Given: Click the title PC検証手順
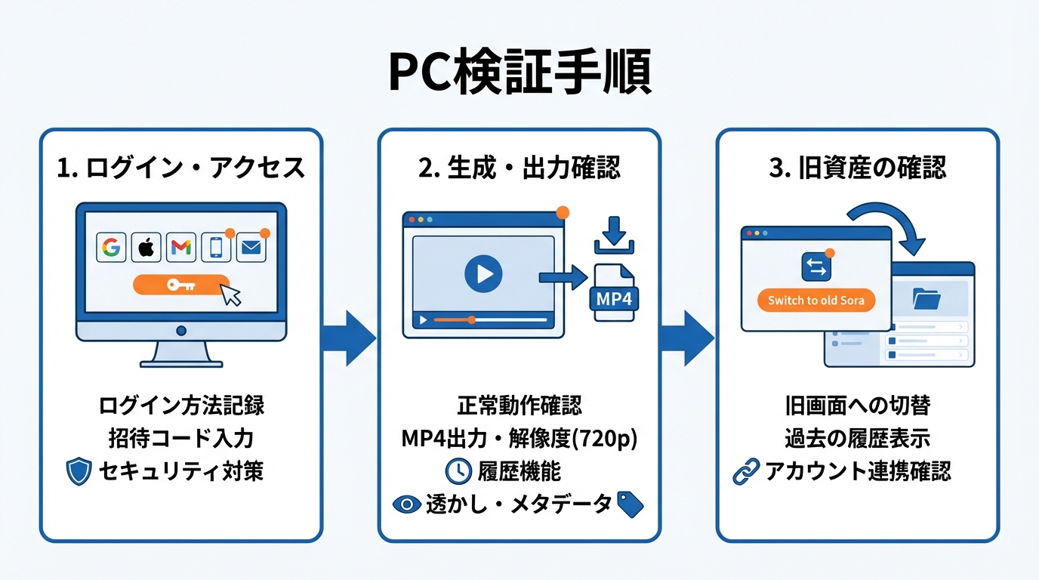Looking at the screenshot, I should tap(519, 73).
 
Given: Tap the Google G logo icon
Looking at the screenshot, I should tap(111, 247).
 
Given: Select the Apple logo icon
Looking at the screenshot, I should tap(146, 247).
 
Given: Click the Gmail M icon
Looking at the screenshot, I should tap(180, 247).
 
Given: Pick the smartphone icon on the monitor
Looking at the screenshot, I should tap(216, 247).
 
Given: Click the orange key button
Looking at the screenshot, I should tap(181, 285).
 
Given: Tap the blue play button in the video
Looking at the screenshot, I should tap(483, 273).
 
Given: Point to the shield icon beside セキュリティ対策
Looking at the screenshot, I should tap(79, 472).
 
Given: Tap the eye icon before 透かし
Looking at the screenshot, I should tap(407, 504).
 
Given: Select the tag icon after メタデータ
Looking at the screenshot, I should tap(630, 504).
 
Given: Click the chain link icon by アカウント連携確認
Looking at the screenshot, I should tap(746, 472).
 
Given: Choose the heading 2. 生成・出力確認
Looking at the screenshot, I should tap(519, 168).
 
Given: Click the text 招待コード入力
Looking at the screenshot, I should tap(181, 439).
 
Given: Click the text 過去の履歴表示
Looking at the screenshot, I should tap(857, 439).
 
